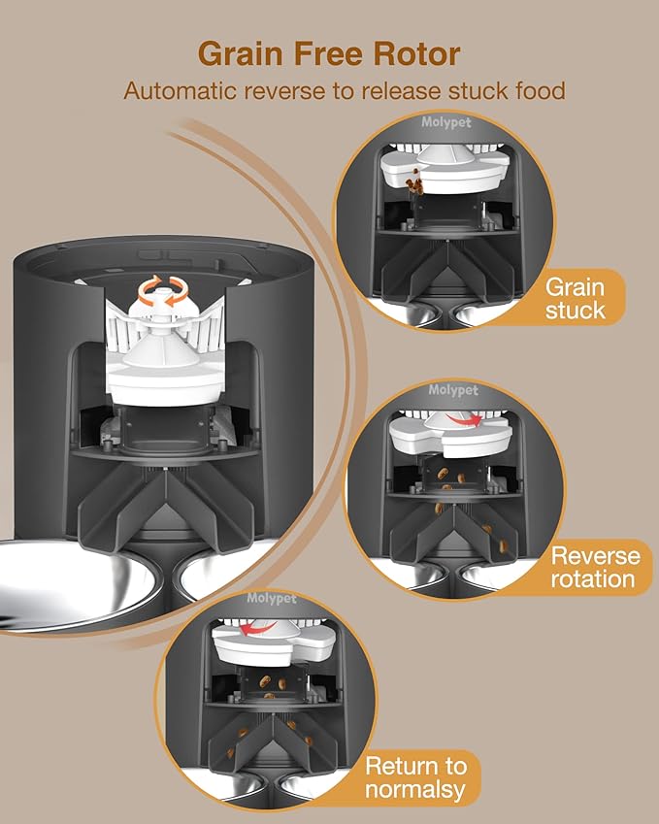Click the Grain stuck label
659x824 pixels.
pos(575,298)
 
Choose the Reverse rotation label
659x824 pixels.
pos(594,568)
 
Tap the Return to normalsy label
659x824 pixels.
pos(421,777)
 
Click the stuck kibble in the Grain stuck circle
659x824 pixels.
pos(417,181)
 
